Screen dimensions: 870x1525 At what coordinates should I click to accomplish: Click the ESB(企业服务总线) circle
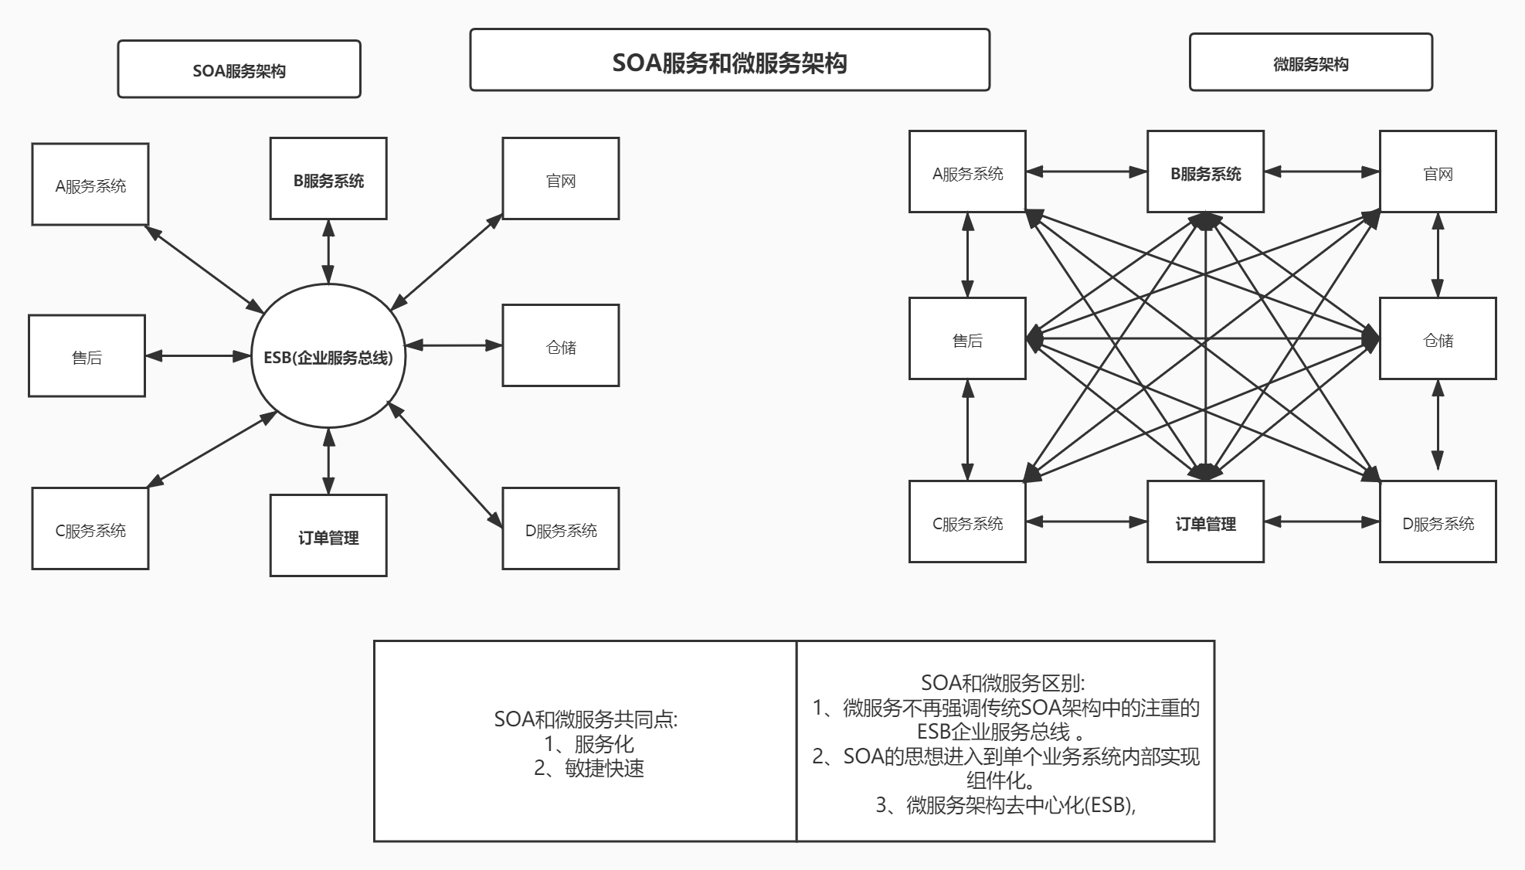328,356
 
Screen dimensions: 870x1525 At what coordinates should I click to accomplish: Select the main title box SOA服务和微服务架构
729,60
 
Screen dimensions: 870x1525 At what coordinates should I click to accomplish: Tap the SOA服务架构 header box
239,70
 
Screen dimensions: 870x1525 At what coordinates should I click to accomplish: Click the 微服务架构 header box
1310,63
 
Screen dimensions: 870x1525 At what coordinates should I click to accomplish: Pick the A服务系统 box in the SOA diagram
90,185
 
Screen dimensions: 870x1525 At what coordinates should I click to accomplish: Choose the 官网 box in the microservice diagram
1438,172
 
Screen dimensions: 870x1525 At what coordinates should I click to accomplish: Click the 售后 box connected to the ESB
87,356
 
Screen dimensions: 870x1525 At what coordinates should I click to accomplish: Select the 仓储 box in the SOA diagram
560,345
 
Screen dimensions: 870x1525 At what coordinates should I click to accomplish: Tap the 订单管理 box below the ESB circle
328,535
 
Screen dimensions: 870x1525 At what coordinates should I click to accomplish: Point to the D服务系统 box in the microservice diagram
1438,522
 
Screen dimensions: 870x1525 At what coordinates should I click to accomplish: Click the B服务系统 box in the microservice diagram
1205,172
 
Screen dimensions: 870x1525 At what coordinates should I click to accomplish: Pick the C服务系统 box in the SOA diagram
90,529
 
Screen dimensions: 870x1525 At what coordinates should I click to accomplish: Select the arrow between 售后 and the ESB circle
199,356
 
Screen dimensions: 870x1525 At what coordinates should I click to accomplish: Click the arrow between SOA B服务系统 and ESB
328,252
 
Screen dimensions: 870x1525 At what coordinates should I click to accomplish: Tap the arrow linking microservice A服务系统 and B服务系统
1086,172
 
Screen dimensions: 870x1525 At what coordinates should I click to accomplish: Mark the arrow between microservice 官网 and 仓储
1438,255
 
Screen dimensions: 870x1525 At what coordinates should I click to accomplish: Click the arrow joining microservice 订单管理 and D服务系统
1322,522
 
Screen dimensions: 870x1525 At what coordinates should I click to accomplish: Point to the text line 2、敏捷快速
589,768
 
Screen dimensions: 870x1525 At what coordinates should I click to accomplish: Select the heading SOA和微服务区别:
1003,682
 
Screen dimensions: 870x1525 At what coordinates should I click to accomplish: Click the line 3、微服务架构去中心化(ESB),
1005,805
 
